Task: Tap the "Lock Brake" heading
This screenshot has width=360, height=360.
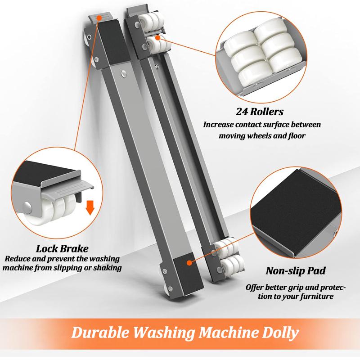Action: [62, 248]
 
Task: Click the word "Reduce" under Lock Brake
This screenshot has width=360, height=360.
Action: [18, 259]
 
